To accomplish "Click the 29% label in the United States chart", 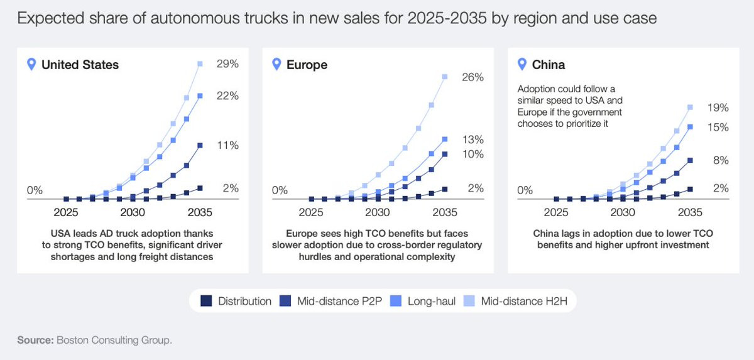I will click(x=228, y=64).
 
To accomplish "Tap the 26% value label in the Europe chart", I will click(x=473, y=77).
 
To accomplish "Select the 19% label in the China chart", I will click(x=718, y=107).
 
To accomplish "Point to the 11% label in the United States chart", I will click(x=227, y=145).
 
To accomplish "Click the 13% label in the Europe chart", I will click(x=473, y=139).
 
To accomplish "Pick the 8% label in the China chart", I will click(x=721, y=160).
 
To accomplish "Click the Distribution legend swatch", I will click(x=206, y=301).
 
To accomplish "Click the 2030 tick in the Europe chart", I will click(x=377, y=212).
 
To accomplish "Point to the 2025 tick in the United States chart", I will click(x=65, y=212).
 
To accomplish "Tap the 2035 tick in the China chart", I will click(x=690, y=212).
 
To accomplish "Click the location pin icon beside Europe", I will click(x=275, y=64).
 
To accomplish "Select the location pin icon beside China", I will click(x=521, y=64).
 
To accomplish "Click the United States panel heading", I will click(x=80, y=65).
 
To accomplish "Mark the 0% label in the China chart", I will click(x=525, y=190).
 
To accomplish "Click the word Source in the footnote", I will click(x=35, y=340).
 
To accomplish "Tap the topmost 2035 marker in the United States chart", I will click(x=200, y=63).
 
